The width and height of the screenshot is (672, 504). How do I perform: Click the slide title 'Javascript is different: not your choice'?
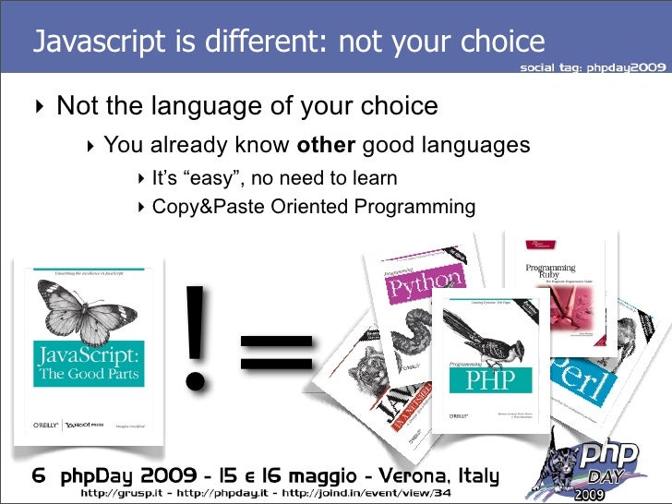288,42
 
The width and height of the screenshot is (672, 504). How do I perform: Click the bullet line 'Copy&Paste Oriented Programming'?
314,207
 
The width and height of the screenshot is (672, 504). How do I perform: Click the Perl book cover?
581,378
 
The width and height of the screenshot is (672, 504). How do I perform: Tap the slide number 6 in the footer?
40,477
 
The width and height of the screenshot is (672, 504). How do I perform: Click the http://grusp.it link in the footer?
120,496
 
